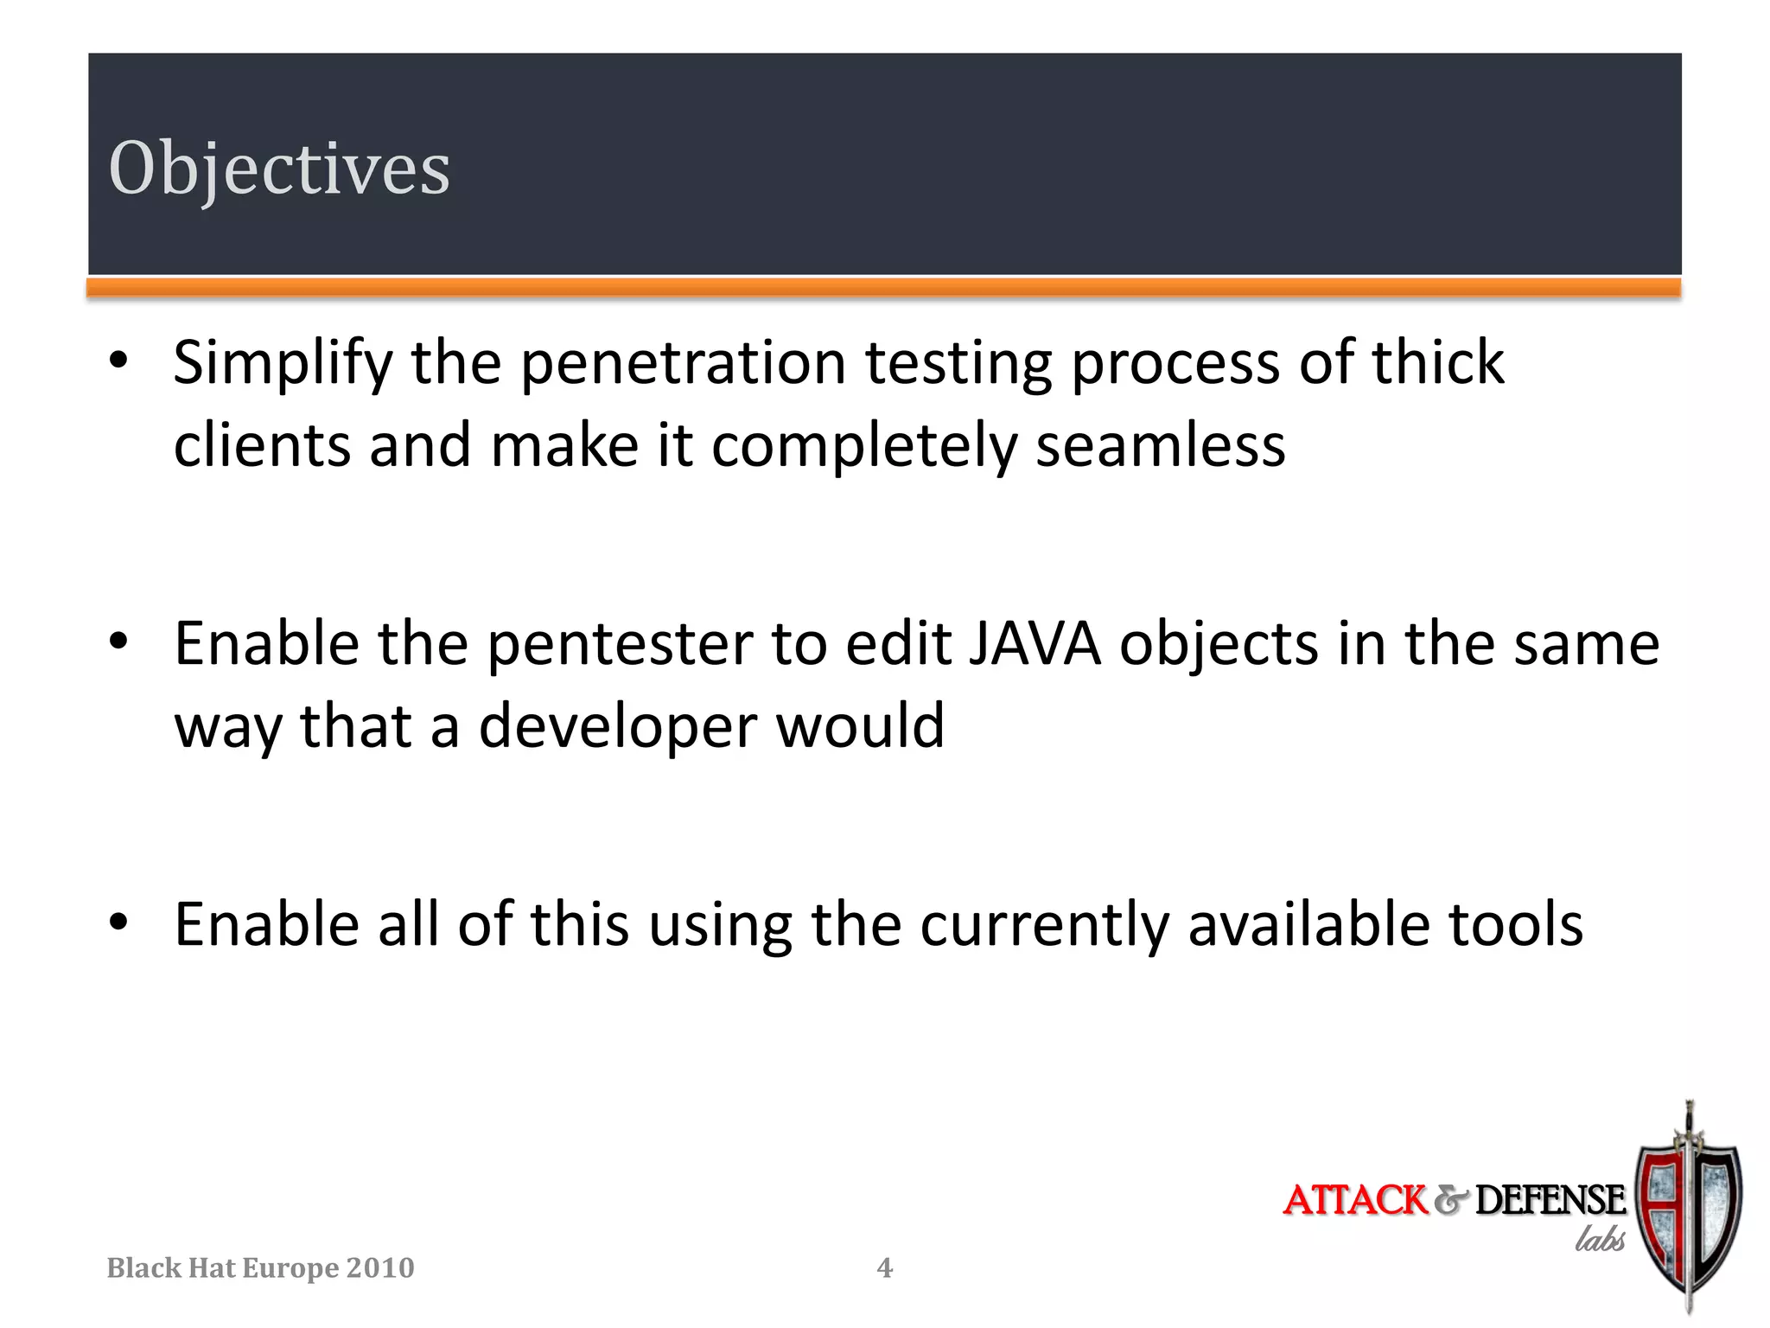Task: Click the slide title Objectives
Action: coord(279,168)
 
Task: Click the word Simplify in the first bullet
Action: coord(283,363)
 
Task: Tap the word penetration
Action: coord(684,363)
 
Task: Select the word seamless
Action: coord(1161,446)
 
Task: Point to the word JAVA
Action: coord(1035,644)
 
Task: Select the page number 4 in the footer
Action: coord(884,1267)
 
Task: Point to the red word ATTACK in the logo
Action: coord(1354,1200)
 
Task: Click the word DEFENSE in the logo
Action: coord(1550,1200)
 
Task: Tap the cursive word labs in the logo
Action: coord(1600,1239)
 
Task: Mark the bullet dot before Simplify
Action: coord(119,360)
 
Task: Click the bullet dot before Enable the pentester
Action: coord(119,642)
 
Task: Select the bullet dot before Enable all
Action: coord(119,923)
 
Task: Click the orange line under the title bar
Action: coord(884,288)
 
